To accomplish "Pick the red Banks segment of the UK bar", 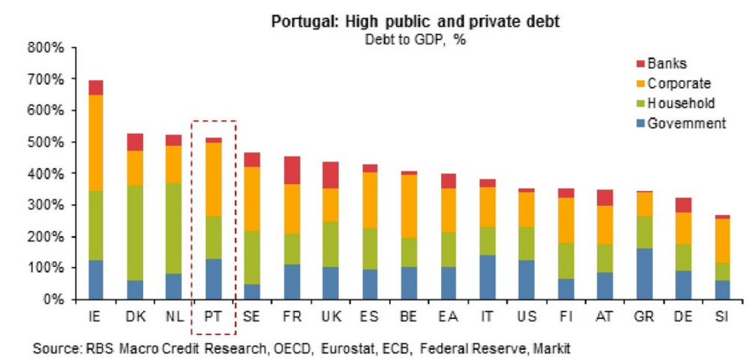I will click(x=329, y=175).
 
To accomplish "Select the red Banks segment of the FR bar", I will click(x=290, y=170).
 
